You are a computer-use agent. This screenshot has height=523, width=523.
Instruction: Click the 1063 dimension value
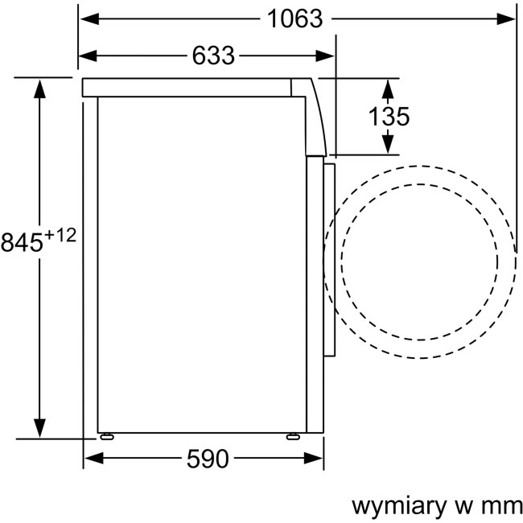pyautogui.click(x=295, y=18)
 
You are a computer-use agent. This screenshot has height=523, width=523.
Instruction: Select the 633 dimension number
pyautogui.click(x=213, y=56)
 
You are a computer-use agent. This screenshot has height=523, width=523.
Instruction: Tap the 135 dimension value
pyautogui.click(x=389, y=117)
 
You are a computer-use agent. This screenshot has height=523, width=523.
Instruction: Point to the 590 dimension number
pyautogui.click(x=207, y=459)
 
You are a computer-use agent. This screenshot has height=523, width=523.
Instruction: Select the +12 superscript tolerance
pyautogui.click(x=60, y=236)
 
